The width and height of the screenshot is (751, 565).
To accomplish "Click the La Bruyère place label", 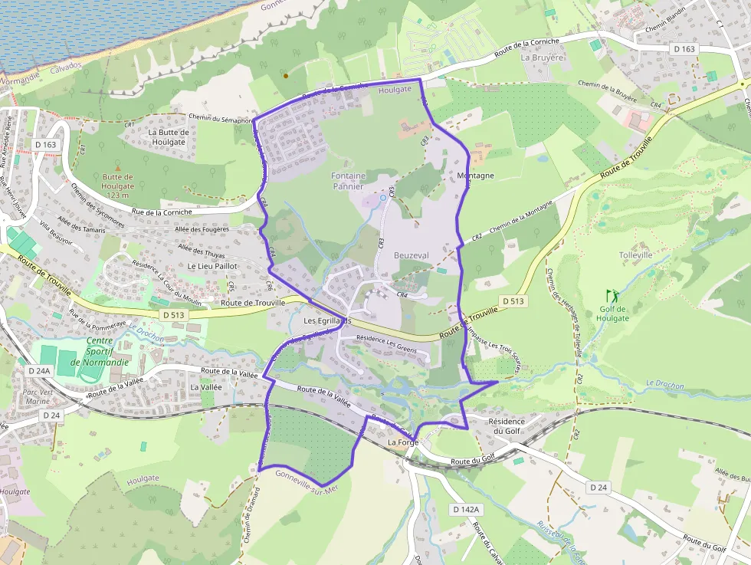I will tap(542, 57).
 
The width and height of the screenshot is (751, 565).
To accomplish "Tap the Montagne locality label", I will tap(475, 176).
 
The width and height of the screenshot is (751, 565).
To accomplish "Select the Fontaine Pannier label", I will tap(348, 181).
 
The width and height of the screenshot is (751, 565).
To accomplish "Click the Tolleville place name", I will tap(635, 255).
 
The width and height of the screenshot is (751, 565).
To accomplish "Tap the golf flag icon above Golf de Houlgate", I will tap(612, 295).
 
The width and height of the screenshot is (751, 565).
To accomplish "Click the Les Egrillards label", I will tap(327, 320).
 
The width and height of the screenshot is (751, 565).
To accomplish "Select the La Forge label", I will tap(402, 443).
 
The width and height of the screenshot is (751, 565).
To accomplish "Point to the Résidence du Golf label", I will tap(507, 426).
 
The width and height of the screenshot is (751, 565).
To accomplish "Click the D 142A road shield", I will tap(465, 509).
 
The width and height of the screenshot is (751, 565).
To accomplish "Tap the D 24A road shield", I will tap(38, 370).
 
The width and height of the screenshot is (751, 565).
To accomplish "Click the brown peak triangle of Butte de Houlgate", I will tap(117, 168).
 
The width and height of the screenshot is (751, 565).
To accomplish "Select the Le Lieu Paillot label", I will tap(213, 266).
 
